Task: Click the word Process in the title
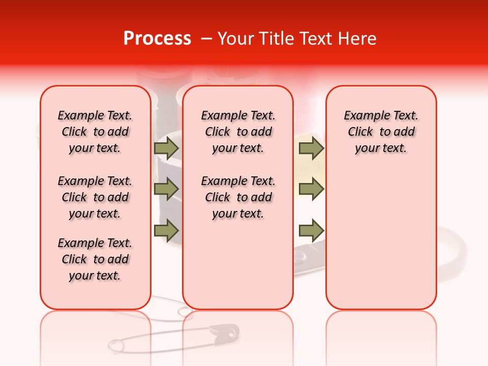(x=157, y=38)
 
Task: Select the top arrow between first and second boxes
(x=166, y=148)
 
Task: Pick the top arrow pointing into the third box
(x=311, y=148)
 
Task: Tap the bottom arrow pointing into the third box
(x=311, y=231)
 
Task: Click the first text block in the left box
(x=95, y=132)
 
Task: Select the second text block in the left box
(x=95, y=197)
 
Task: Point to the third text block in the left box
(x=95, y=259)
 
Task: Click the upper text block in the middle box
(x=238, y=132)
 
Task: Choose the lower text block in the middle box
(x=238, y=197)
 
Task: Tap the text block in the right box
(x=381, y=132)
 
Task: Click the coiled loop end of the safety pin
(x=115, y=346)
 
